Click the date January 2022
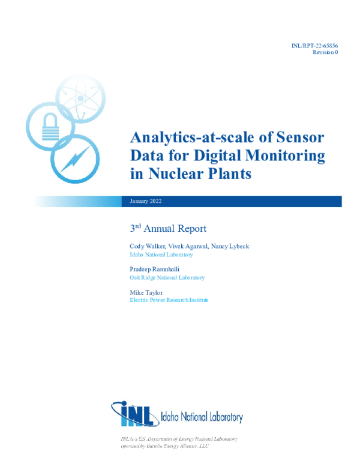coord(146,202)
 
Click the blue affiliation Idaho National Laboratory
coord(161,255)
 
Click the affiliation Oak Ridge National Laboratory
coord(167,277)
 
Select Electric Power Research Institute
coord(169,300)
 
